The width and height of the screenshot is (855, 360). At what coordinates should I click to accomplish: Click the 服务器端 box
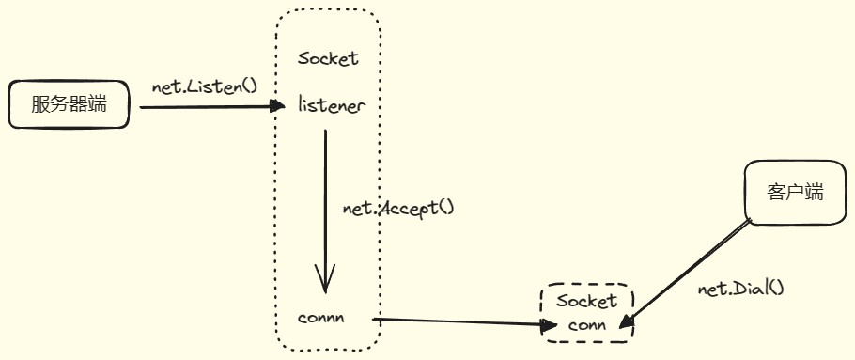pyautogui.click(x=68, y=105)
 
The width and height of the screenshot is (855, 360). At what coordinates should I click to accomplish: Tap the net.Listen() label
pyautogui.click(x=205, y=86)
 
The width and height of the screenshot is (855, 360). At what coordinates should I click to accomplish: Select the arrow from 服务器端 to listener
pyautogui.click(x=207, y=107)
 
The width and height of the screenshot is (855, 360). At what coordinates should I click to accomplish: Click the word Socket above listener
pyautogui.click(x=328, y=58)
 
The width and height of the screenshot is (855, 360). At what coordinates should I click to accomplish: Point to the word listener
pyautogui.click(x=331, y=105)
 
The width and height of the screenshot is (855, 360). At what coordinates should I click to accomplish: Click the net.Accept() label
pyautogui.click(x=398, y=207)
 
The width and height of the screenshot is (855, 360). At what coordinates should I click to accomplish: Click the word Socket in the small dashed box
pyautogui.click(x=587, y=301)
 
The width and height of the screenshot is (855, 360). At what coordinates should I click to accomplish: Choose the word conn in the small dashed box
pyautogui.click(x=587, y=325)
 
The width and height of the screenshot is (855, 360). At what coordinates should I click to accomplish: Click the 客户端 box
pyautogui.click(x=796, y=192)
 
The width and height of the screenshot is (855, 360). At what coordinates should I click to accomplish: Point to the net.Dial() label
pyautogui.click(x=740, y=289)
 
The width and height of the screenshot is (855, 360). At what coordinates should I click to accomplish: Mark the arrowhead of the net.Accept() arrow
pyautogui.click(x=325, y=279)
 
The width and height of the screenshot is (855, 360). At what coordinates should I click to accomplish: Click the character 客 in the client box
pyautogui.click(x=776, y=192)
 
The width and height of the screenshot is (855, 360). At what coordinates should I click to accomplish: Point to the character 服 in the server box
pyautogui.click(x=39, y=105)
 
